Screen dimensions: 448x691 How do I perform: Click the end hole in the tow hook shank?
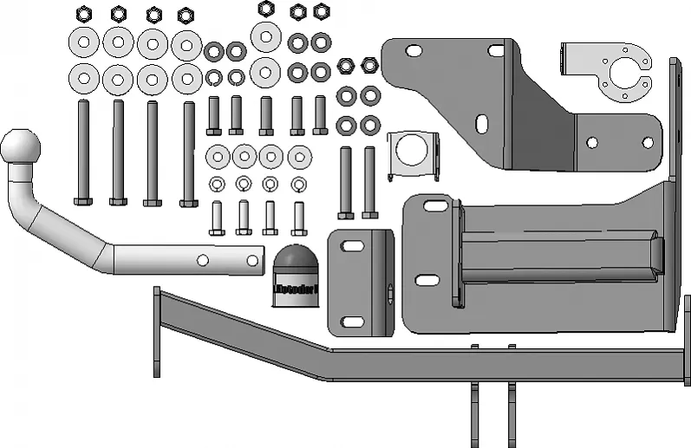pos(252,258)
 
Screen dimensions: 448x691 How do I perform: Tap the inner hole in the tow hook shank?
pos(202,259)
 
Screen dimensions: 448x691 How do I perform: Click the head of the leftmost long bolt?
pos(83,201)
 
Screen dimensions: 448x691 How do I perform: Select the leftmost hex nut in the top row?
pos(84,14)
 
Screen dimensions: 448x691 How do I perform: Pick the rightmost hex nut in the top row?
pos(369,64)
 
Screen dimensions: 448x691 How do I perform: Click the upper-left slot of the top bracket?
pos(414,52)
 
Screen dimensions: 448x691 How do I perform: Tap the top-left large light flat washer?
pos(84,41)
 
